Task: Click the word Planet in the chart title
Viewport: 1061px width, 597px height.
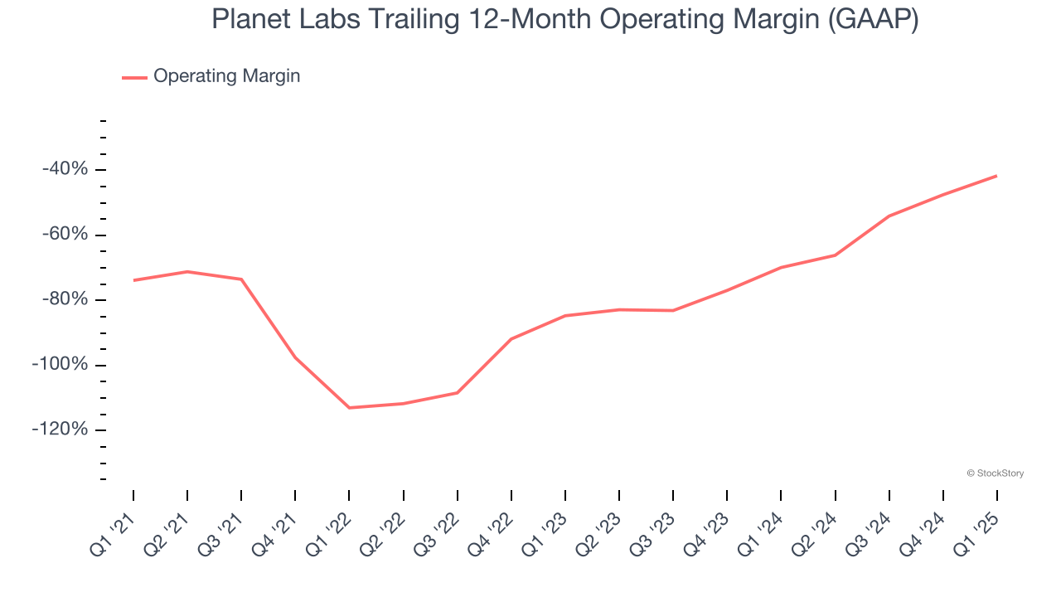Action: (247, 18)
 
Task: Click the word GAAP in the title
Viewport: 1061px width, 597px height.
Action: (872, 18)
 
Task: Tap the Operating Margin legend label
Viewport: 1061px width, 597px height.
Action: (226, 76)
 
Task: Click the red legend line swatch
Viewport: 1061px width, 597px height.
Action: (134, 77)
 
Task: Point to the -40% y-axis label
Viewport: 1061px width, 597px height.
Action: (65, 169)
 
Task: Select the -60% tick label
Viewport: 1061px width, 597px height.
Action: (65, 235)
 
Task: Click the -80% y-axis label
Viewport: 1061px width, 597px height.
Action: (65, 299)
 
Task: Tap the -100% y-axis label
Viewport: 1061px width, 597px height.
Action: (60, 365)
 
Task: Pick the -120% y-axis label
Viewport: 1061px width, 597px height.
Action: (60, 430)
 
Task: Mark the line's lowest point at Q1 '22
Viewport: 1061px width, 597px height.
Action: (349, 408)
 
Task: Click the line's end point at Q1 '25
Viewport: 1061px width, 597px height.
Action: (996, 176)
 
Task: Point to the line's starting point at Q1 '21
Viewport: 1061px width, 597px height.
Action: (133, 280)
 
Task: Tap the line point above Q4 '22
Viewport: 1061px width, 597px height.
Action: (511, 339)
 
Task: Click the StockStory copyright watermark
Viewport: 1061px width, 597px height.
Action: (995, 473)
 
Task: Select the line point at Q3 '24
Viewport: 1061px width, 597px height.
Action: (889, 216)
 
